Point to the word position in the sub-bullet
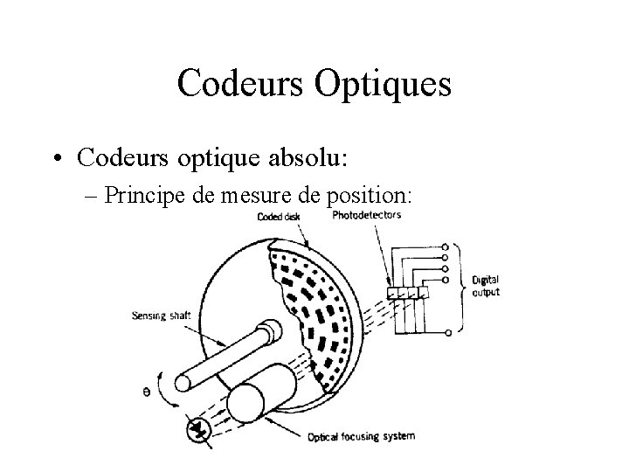click(x=377, y=195)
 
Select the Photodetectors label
click(x=367, y=215)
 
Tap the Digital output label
click(x=486, y=286)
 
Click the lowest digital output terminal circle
click(x=448, y=332)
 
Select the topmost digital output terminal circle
click(x=448, y=246)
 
